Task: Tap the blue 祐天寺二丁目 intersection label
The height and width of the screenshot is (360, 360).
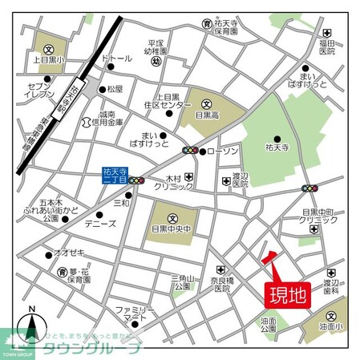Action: (x=116, y=175)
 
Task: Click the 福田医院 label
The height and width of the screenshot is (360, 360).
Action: (x=325, y=48)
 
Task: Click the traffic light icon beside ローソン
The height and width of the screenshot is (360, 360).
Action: (x=190, y=150)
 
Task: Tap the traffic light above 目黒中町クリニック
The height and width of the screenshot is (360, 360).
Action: (x=309, y=188)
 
